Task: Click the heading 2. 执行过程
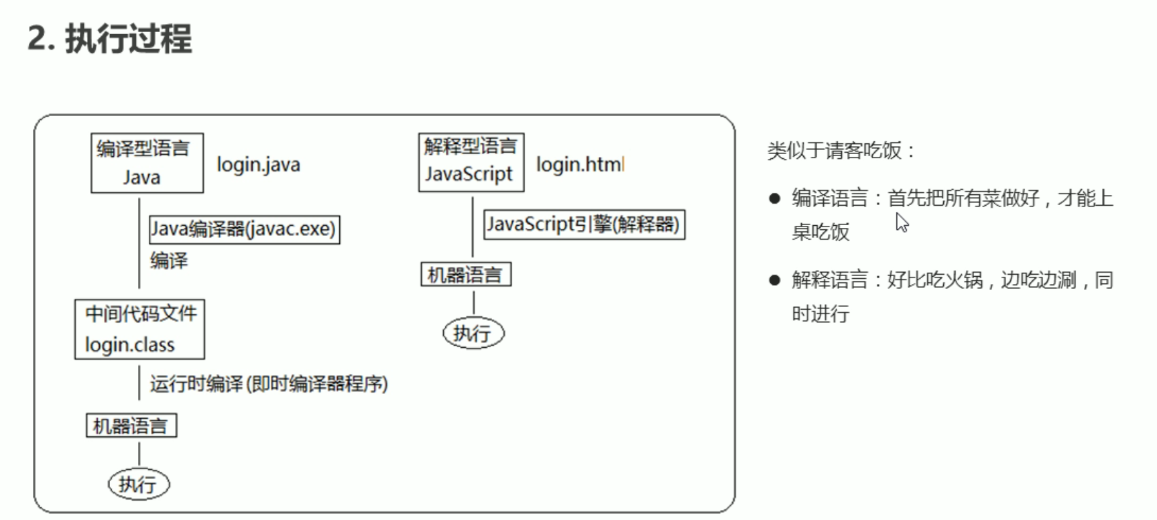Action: pos(109,38)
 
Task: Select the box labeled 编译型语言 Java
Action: pos(147,163)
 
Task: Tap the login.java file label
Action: pos(258,165)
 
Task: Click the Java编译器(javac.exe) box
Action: pos(244,229)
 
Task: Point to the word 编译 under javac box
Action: pos(168,261)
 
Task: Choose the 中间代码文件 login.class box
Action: pos(139,329)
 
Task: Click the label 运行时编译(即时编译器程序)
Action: pos(268,384)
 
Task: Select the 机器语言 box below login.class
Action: pos(131,426)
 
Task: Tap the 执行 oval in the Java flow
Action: pos(139,484)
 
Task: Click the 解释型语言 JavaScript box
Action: pos(471,162)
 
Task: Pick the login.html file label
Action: pos(579,164)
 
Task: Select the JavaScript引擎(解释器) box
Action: pos(584,224)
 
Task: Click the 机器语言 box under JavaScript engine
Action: pos(466,275)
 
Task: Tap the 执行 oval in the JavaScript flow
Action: pos(473,333)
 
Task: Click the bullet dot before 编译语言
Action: pos(775,198)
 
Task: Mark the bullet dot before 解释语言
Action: pos(775,280)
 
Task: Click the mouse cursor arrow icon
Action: pos(902,222)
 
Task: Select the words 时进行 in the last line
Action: pos(820,314)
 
